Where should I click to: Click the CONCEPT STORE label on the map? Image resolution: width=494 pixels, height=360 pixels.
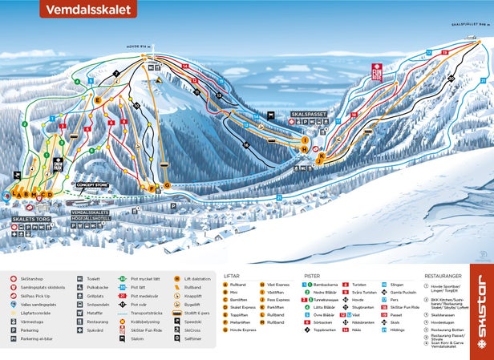click(x=91, y=184)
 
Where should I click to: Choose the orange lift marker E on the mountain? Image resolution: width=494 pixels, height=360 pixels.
click(x=99, y=100)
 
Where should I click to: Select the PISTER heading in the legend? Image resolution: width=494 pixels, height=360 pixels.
click(x=312, y=276)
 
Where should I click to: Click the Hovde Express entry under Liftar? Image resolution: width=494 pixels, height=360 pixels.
click(x=245, y=330)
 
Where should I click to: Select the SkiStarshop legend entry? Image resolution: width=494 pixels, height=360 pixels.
click(x=32, y=278)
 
